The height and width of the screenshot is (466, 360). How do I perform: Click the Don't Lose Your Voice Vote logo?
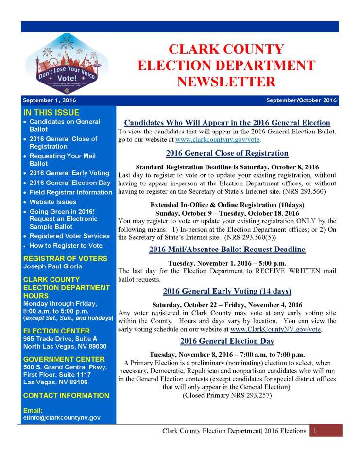point(67,67)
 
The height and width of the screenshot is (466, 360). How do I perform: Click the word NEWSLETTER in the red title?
point(226,81)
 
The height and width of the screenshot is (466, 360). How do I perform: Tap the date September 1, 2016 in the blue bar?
point(49,101)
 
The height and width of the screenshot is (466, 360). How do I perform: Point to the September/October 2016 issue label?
point(301,101)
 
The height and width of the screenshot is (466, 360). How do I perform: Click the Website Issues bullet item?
point(53,202)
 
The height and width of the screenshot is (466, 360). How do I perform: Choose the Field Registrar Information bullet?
point(71,192)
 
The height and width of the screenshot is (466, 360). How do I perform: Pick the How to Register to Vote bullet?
point(66,246)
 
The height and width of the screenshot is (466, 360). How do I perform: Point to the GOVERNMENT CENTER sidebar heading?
point(64,359)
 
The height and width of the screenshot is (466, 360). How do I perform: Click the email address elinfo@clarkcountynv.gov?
point(62,417)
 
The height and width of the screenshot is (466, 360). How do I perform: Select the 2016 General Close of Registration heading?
point(227,153)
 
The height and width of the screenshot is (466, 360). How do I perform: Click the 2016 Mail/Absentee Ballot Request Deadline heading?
point(227,250)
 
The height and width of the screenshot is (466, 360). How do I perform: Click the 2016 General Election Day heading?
point(227,341)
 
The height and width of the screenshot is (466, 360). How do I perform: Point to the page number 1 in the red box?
point(315,431)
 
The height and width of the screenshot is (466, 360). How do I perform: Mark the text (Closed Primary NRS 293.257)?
point(227,396)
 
